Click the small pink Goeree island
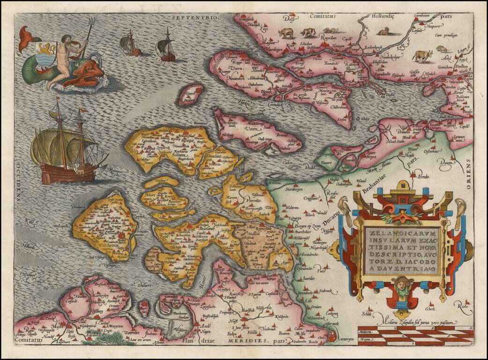191,95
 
